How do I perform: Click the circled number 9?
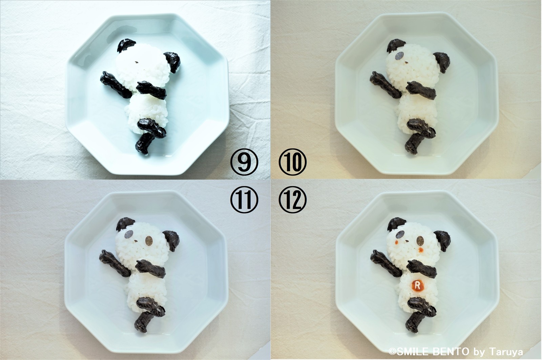pyautogui.click(x=244, y=162)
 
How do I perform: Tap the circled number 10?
pyautogui.click(x=293, y=162)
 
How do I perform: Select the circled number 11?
pyautogui.click(x=244, y=199)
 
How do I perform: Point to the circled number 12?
pyautogui.click(x=293, y=199)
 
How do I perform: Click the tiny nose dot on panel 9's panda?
pyautogui.click(x=137, y=62)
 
